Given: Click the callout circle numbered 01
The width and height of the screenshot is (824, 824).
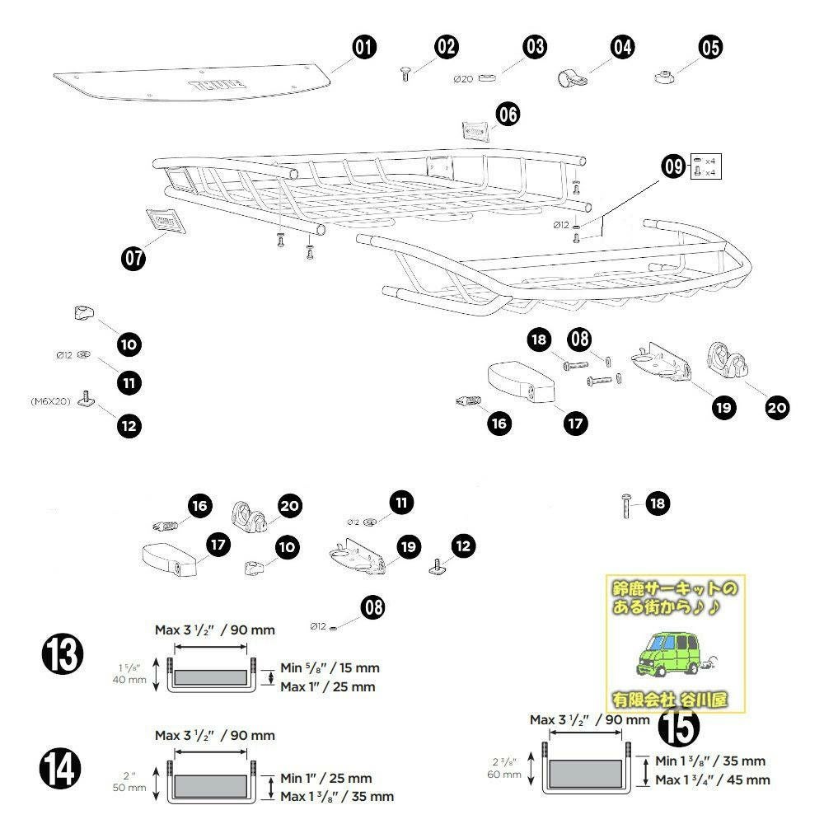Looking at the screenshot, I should pyautogui.click(x=363, y=48).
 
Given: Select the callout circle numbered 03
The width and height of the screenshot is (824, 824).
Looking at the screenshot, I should pyautogui.click(x=535, y=47).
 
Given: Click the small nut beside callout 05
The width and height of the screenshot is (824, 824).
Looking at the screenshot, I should pyautogui.click(x=663, y=77).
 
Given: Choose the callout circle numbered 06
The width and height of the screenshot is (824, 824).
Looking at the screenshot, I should pyautogui.click(x=508, y=115).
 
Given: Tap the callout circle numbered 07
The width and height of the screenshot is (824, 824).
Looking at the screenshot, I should pyautogui.click(x=133, y=258).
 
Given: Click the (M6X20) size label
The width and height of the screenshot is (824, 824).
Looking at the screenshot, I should pyautogui.click(x=50, y=401).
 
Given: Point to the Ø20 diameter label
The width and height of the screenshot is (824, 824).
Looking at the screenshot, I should pyautogui.click(x=462, y=79).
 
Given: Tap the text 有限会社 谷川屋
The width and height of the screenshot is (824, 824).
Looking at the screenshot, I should pyautogui.click(x=669, y=700).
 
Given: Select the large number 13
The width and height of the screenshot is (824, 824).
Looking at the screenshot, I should pyautogui.click(x=63, y=656).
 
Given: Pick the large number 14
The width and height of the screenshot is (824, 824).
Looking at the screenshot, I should pyautogui.click(x=63, y=770).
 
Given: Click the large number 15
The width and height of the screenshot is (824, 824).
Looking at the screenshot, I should pyautogui.click(x=678, y=726).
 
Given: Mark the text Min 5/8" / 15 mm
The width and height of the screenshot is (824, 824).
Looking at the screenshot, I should pyautogui.click(x=330, y=668).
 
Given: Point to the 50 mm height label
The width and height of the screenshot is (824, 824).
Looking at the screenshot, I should pyautogui.click(x=129, y=788).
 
